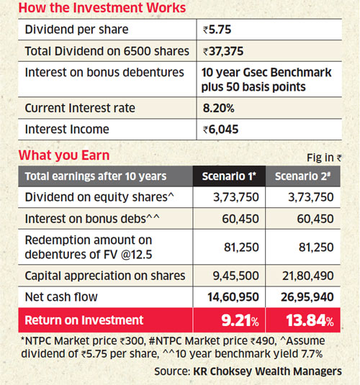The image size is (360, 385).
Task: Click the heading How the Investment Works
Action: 102,8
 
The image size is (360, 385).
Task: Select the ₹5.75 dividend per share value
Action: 217,30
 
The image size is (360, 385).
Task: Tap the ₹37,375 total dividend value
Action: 223,51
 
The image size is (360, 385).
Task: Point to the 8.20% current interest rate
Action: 218,108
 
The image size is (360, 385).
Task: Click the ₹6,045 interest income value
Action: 220,130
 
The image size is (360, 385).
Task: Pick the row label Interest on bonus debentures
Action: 104,73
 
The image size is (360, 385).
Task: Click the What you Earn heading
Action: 64,155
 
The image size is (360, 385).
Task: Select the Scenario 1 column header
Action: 229,176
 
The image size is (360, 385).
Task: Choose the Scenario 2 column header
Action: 302,176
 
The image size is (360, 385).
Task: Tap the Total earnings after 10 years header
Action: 96,176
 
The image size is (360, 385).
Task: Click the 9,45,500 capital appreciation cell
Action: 236,276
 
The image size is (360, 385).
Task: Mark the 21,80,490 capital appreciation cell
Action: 308,276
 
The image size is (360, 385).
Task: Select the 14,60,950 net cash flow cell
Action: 233,297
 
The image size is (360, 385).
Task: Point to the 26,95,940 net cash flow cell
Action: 307,297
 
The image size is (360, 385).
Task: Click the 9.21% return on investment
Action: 240,320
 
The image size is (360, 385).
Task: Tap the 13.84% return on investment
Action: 310,320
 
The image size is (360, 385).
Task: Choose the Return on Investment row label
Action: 84,320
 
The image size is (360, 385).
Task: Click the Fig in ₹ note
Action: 324,158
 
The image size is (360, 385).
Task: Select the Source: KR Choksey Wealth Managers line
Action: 248,371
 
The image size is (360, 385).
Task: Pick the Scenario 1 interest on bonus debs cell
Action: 240,219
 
